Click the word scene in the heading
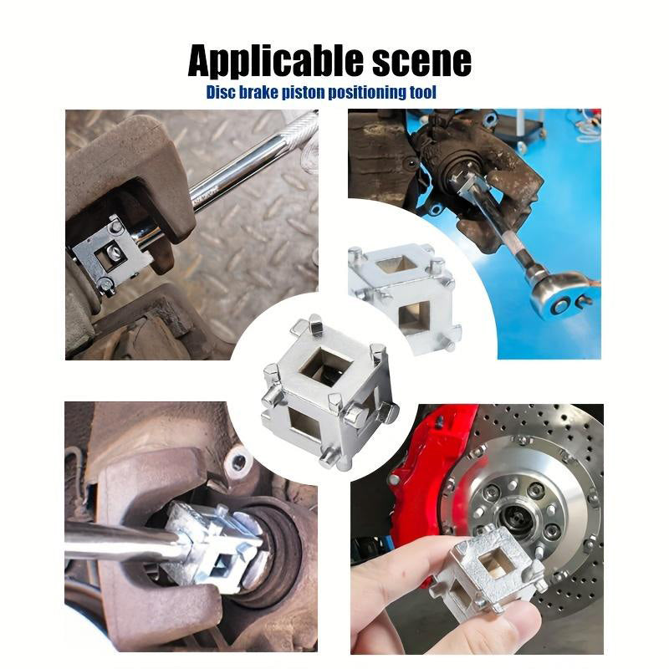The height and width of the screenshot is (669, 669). (x=422, y=62)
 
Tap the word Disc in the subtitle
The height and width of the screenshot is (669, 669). (x=221, y=92)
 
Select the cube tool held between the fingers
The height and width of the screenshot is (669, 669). (x=495, y=568)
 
